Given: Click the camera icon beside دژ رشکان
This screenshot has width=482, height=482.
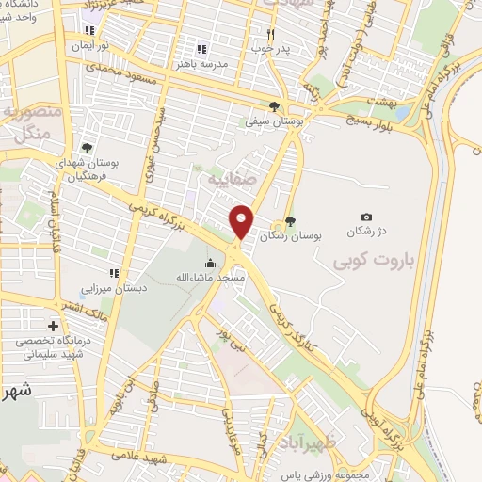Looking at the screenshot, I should point(366,217).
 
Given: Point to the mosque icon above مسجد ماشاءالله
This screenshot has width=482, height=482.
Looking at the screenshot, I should point(210,264).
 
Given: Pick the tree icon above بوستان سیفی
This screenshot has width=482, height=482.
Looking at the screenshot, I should point(274,106).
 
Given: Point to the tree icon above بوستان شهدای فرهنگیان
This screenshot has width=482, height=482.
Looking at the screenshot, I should point(87,147).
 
